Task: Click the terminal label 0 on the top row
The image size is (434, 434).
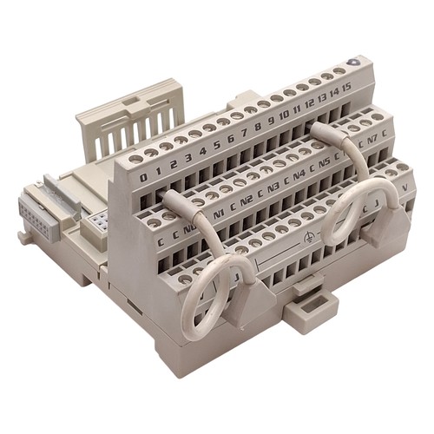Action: (x=143, y=176)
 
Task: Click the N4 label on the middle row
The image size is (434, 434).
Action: (x=299, y=173)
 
